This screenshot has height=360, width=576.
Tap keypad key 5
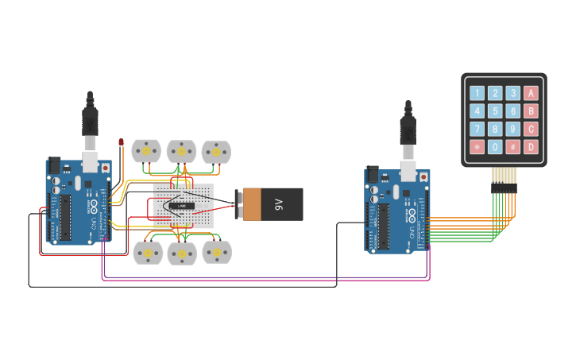point(495,110)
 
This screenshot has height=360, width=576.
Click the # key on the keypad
point(513,147)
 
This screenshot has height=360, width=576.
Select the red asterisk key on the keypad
point(477,147)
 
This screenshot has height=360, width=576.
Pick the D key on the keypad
point(532,147)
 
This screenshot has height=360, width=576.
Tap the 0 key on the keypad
point(495,147)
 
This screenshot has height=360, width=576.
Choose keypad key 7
point(477,129)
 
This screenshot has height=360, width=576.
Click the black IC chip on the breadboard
point(182,207)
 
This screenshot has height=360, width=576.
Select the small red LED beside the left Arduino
point(121,143)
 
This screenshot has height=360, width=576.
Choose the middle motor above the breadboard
point(181,151)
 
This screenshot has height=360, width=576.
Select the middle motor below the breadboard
point(181,254)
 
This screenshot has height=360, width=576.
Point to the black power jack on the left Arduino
point(55,165)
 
